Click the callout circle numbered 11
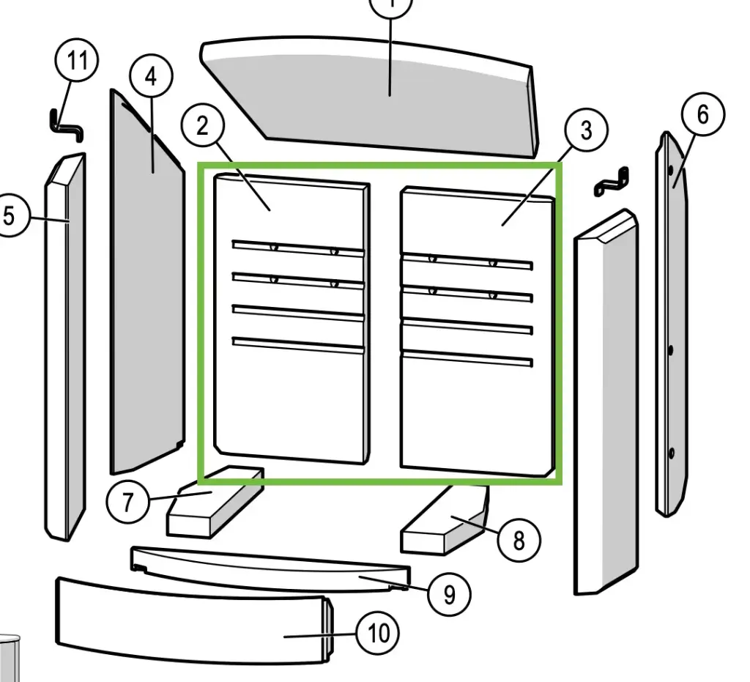point(77,61)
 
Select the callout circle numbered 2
point(202,125)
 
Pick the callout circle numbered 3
point(586,130)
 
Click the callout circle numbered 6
point(702,115)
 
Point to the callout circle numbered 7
point(128,503)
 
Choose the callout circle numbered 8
point(519,541)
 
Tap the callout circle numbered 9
point(449,594)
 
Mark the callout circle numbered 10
point(378,633)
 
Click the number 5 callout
point(10,216)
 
